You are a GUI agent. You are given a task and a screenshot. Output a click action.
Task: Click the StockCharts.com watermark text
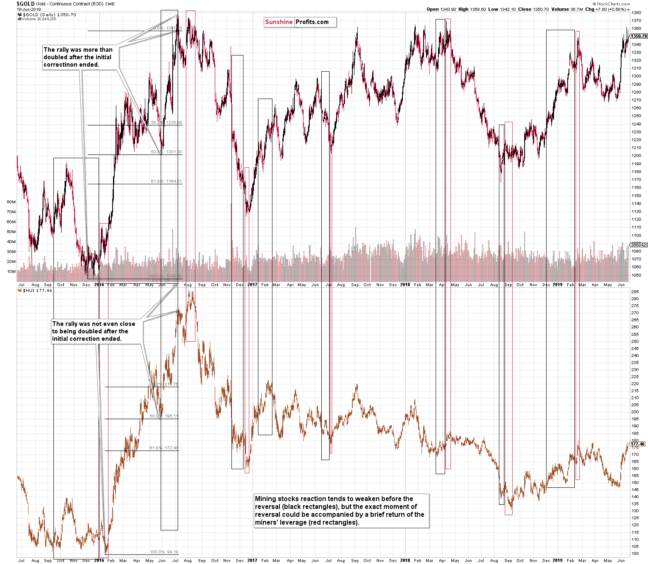[x=613, y=4]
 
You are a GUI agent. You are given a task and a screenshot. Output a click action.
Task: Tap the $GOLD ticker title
[x=25, y=4]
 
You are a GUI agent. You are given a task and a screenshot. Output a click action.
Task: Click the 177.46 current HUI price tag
[x=638, y=444]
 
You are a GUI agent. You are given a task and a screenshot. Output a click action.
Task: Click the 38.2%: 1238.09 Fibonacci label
[x=166, y=123]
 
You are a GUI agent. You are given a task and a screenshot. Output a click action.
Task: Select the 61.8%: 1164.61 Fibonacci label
[x=166, y=181]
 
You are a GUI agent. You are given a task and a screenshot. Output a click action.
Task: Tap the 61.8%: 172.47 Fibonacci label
[x=164, y=448]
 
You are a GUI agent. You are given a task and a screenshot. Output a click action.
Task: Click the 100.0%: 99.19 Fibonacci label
[x=164, y=552]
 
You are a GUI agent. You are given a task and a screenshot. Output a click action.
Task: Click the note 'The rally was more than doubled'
[x=78, y=57]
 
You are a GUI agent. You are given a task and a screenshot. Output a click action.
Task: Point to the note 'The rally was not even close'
[x=94, y=331]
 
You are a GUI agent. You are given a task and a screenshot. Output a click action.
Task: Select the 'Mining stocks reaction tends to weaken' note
[x=340, y=511]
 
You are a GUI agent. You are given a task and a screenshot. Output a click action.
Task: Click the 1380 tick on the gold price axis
[x=636, y=13]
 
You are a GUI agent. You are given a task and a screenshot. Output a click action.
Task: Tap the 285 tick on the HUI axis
[x=634, y=292]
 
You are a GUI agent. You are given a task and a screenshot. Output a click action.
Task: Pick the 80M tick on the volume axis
[x=11, y=202]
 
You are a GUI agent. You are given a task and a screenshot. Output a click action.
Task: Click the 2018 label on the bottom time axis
[x=405, y=560]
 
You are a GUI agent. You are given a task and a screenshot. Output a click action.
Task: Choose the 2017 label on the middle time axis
[x=252, y=284]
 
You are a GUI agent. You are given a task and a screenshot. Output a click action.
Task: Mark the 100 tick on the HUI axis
[x=634, y=554]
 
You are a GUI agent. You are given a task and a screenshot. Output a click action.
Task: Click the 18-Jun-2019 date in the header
[x=29, y=9]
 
